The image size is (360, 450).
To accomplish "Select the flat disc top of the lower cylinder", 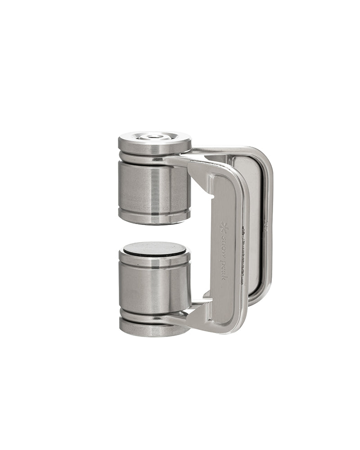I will [x=154, y=248].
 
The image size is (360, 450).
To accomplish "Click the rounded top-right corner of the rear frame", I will [x=265, y=156].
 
